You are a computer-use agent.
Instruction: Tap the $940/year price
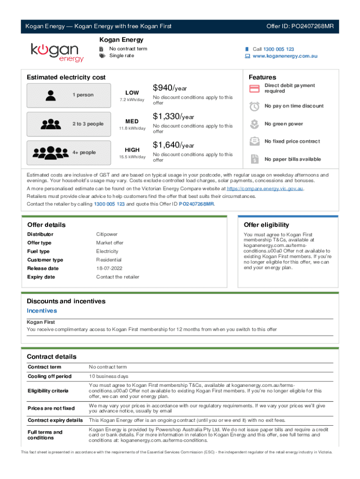[x=170, y=88]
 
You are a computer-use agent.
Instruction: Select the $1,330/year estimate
[x=173, y=116]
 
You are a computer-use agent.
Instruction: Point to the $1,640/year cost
[x=173, y=145]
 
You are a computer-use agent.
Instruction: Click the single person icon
[x=49, y=95]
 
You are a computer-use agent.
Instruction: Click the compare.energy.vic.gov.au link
[x=265, y=189]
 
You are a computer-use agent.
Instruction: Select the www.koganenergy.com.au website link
[x=285, y=56]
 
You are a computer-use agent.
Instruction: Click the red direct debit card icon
[x=255, y=88]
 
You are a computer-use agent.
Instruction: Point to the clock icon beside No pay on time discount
[x=255, y=106]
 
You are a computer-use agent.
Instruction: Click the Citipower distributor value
[x=107, y=234]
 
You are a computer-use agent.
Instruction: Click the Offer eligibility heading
[x=266, y=225]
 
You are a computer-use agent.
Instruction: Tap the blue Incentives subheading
[x=42, y=311]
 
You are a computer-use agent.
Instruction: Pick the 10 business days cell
[x=108, y=377]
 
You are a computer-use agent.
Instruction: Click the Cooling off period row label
[x=50, y=377]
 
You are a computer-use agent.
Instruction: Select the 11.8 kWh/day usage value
[x=132, y=129]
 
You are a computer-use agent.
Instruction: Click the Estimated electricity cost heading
[x=66, y=77]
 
